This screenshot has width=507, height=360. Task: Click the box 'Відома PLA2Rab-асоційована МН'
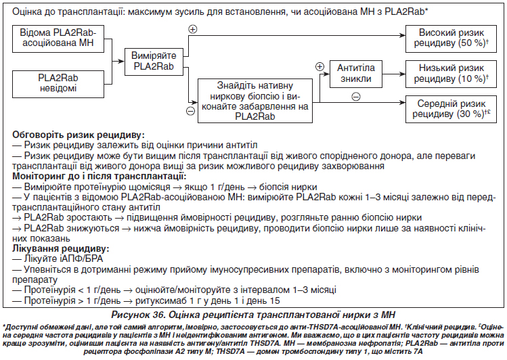(58, 39)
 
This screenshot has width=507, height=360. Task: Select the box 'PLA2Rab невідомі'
(58, 84)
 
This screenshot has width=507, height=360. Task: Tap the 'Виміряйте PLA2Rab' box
(154, 62)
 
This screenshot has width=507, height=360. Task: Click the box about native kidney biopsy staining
(255, 101)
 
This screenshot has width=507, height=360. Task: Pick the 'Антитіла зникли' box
(355, 74)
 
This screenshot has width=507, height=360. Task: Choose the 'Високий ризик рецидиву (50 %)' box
(451, 39)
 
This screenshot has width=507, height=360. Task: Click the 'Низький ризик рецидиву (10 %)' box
(451, 74)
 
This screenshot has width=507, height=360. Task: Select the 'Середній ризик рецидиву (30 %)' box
(451, 109)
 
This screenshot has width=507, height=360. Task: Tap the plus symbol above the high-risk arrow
(193, 29)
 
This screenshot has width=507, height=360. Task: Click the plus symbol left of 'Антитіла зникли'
(319, 66)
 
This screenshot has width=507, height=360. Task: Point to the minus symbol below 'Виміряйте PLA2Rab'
(191, 111)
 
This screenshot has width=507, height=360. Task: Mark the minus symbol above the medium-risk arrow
(355, 97)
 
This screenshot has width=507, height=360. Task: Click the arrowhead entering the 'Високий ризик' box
(403, 36)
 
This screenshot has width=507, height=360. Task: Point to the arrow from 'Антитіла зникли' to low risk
(394, 74)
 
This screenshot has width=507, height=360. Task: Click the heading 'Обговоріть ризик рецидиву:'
(79, 135)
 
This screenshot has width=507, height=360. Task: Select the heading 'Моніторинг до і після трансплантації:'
(100, 177)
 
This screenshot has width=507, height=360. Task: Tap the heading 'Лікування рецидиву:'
(61, 248)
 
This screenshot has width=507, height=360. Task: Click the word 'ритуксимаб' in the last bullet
(161, 301)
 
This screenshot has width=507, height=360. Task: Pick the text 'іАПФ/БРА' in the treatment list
(81, 259)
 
